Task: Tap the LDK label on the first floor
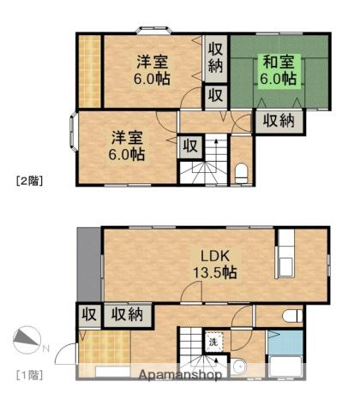tap(215, 255)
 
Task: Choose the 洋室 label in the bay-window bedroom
tap(125, 138)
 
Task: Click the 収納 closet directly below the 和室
tap(279, 121)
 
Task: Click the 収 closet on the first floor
tap(88, 313)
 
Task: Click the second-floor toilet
tap(241, 175)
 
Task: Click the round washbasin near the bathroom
tap(239, 368)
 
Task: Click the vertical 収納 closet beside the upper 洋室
tap(214, 56)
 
